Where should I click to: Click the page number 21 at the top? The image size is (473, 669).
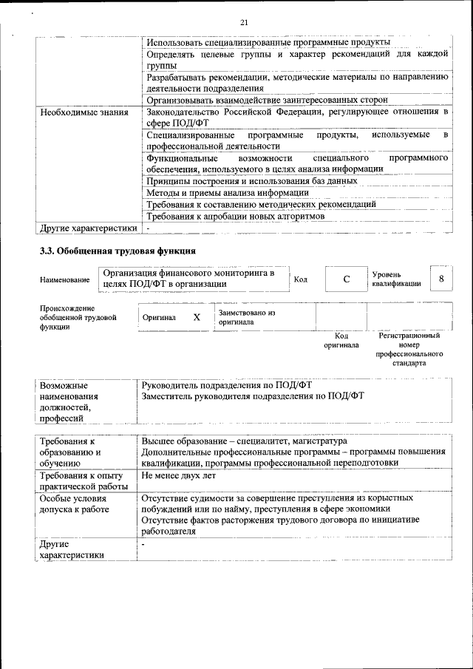[x=244, y=23]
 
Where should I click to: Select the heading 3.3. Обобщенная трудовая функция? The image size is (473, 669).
[x=118, y=251]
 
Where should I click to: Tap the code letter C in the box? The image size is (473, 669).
[x=346, y=279]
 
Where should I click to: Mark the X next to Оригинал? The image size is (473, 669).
[x=197, y=317]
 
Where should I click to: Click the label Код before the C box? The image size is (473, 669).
[x=301, y=279]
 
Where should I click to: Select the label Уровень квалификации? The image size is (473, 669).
[x=396, y=279]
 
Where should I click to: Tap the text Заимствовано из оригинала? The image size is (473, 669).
[x=247, y=317]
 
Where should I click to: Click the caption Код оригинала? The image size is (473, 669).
[x=341, y=340]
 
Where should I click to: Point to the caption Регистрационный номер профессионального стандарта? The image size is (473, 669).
[x=409, y=349]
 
